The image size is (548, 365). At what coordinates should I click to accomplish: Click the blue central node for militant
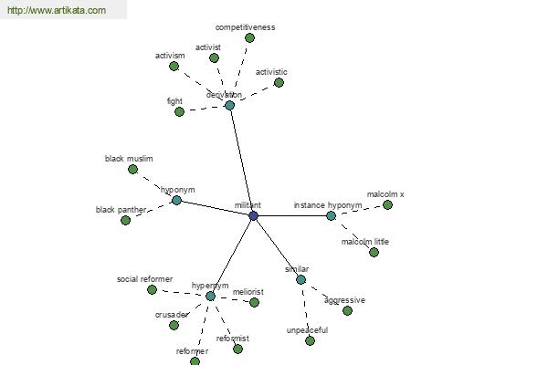click(x=253, y=215)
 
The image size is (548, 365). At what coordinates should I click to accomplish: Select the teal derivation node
click(x=229, y=105)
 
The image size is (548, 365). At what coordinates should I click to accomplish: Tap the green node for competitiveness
click(x=249, y=37)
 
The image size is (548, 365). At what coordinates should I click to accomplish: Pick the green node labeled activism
click(x=174, y=66)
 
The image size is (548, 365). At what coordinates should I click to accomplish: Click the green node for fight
click(x=179, y=111)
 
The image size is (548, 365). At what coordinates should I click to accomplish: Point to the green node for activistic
click(x=279, y=83)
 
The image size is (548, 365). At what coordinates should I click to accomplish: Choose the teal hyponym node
click(x=176, y=200)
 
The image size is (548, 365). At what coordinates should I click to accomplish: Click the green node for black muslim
click(x=132, y=170)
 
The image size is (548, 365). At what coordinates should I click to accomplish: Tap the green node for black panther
click(x=125, y=221)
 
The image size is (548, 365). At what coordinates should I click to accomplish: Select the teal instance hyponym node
click(x=331, y=215)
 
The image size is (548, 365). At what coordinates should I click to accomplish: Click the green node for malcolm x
click(x=387, y=205)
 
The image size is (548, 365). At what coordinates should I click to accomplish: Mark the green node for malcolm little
click(x=374, y=252)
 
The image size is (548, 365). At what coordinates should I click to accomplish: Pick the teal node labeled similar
click(x=300, y=279)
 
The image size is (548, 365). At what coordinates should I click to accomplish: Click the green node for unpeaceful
click(x=310, y=340)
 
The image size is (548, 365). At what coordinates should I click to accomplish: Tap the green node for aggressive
click(x=347, y=310)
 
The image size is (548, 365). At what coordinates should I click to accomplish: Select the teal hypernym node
click(x=210, y=297)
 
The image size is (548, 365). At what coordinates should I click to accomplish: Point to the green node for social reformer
click(x=152, y=289)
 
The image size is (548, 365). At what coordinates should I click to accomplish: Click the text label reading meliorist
click(x=248, y=292)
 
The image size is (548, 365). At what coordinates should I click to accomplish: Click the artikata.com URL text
click(x=57, y=10)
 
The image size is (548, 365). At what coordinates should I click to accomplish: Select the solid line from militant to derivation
click(x=241, y=161)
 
